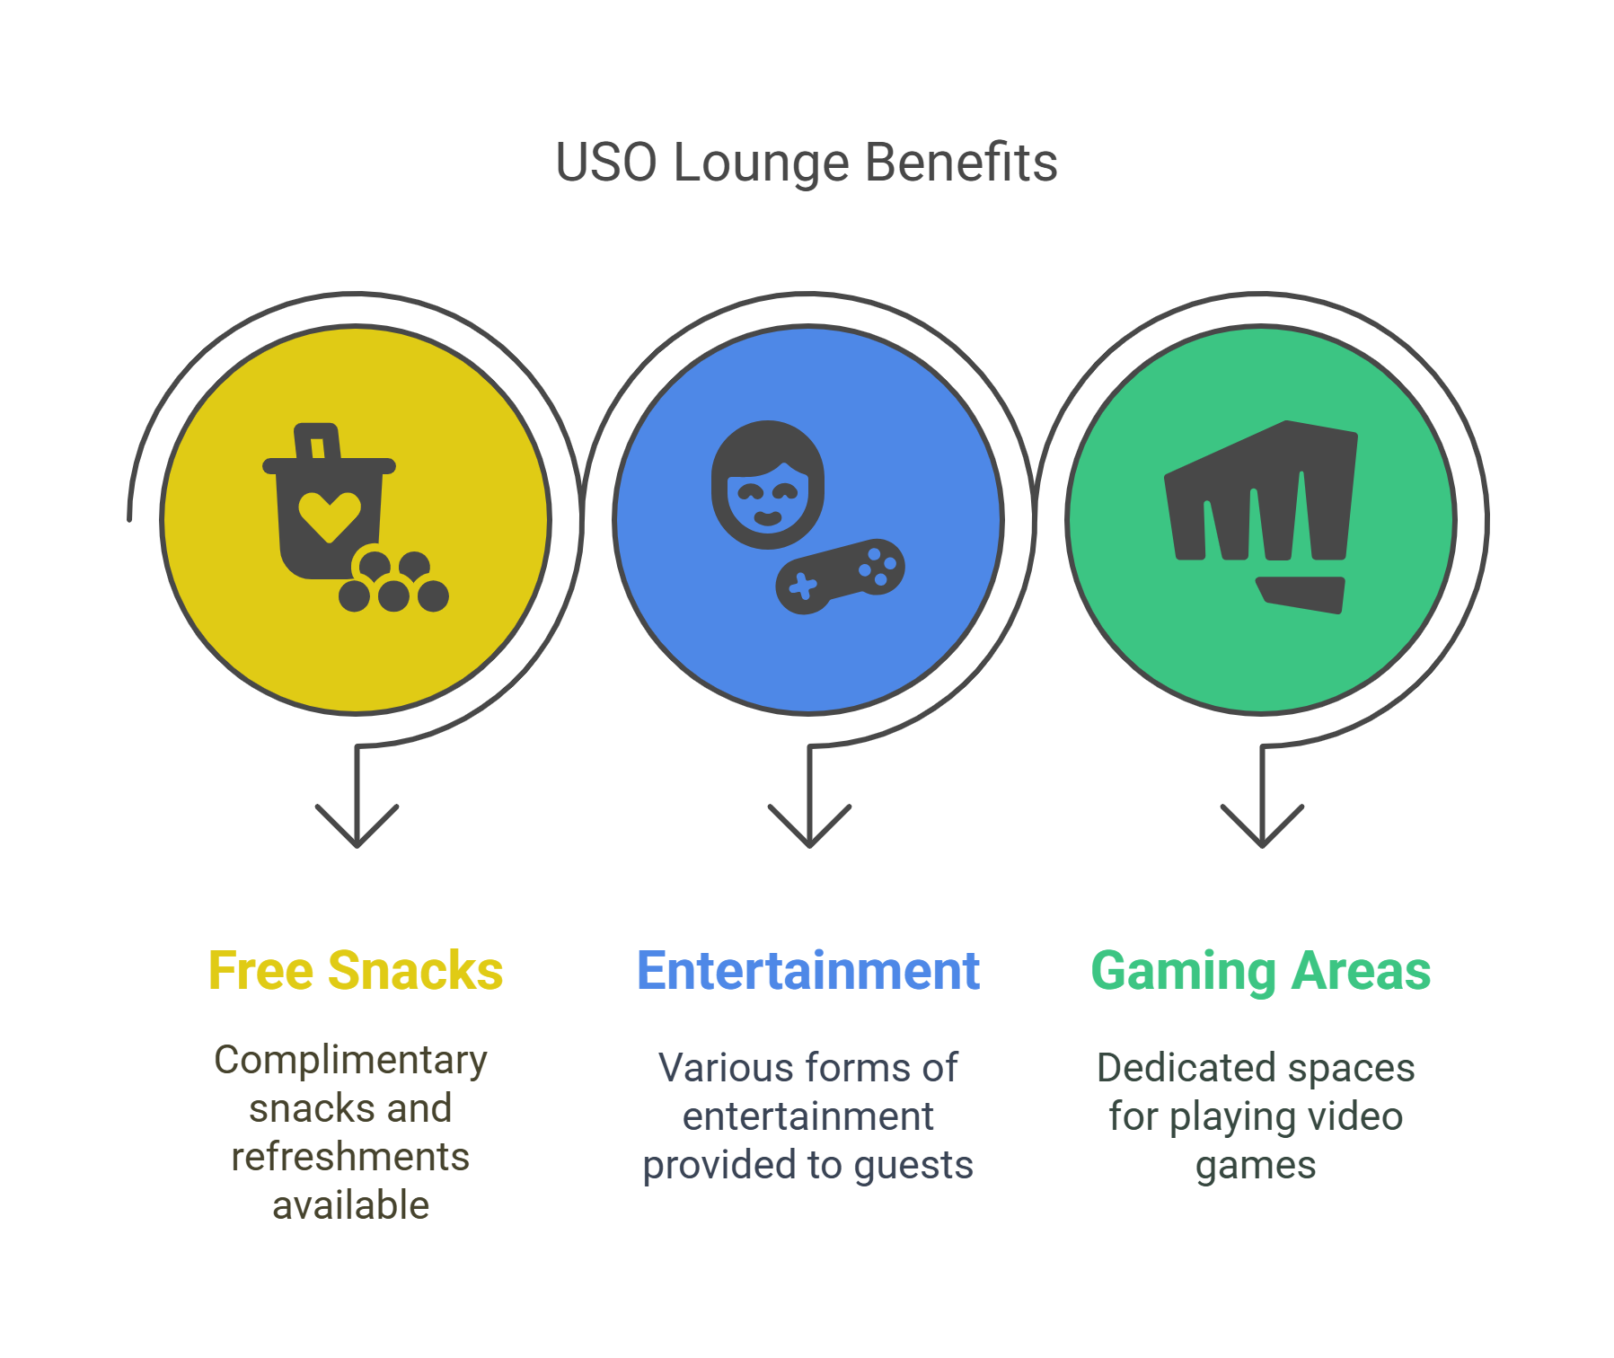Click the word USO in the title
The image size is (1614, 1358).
pos(606,163)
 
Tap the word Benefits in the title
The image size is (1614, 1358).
pos(960,163)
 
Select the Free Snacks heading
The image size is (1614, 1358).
pos(356,971)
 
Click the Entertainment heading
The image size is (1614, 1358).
pos(807,971)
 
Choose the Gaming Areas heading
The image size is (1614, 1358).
pos(1260,971)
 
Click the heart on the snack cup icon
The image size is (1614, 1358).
pos(330,516)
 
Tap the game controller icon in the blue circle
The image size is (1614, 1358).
pos(840,576)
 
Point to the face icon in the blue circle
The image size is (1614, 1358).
pos(768,485)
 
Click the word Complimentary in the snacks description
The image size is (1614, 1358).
pos(350,1061)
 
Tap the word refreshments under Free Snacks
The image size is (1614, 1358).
pos(350,1157)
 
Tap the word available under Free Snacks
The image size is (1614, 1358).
pos(350,1205)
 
